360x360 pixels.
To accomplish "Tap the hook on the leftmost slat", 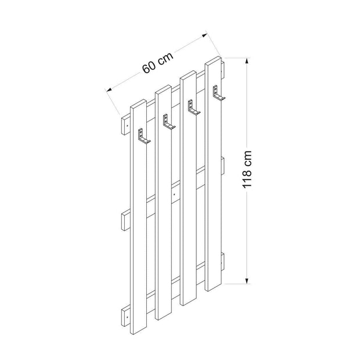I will click(143, 137).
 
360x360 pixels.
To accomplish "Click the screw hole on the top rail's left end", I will click(126, 124).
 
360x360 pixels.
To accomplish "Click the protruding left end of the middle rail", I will click(126, 221).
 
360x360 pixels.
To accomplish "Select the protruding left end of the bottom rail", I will click(126, 316).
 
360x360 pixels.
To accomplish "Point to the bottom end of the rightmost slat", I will click(215, 287).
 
